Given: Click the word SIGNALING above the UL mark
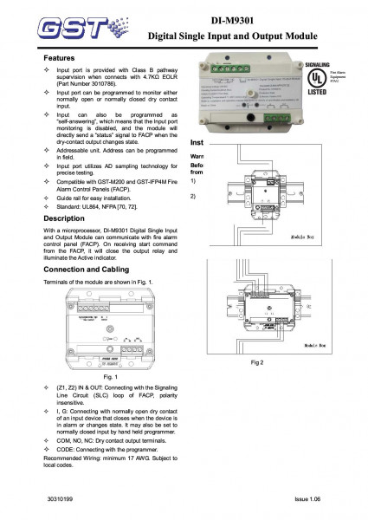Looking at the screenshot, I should coord(318,66).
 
